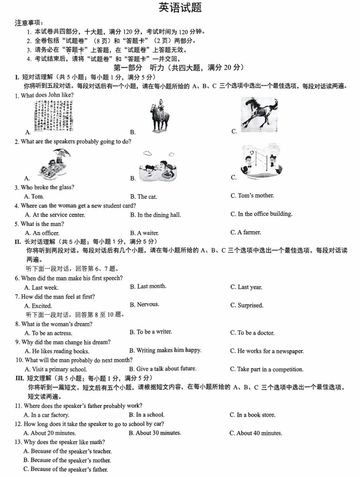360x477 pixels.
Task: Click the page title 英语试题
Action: point(180,8)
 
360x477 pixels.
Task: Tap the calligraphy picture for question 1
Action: point(54,116)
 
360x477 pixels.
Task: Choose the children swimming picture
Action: point(158,166)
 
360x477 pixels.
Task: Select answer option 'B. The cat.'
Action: point(143,197)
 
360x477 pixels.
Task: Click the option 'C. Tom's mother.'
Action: point(252,196)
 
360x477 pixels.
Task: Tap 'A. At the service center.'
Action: point(55,215)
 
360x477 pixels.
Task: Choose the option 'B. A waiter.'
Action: point(144,233)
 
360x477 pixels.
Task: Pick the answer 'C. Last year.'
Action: point(246,287)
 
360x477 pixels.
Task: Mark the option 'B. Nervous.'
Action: point(144,305)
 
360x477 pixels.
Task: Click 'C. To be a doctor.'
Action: point(252,333)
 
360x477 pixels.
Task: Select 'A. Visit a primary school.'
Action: point(56,369)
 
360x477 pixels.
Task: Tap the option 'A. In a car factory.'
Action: point(46,415)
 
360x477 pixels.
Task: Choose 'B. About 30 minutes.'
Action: point(155,433)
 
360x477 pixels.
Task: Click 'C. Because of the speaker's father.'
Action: point(66,469)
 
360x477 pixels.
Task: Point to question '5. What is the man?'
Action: point(39,224)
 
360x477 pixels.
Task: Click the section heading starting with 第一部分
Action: point(179,68)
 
